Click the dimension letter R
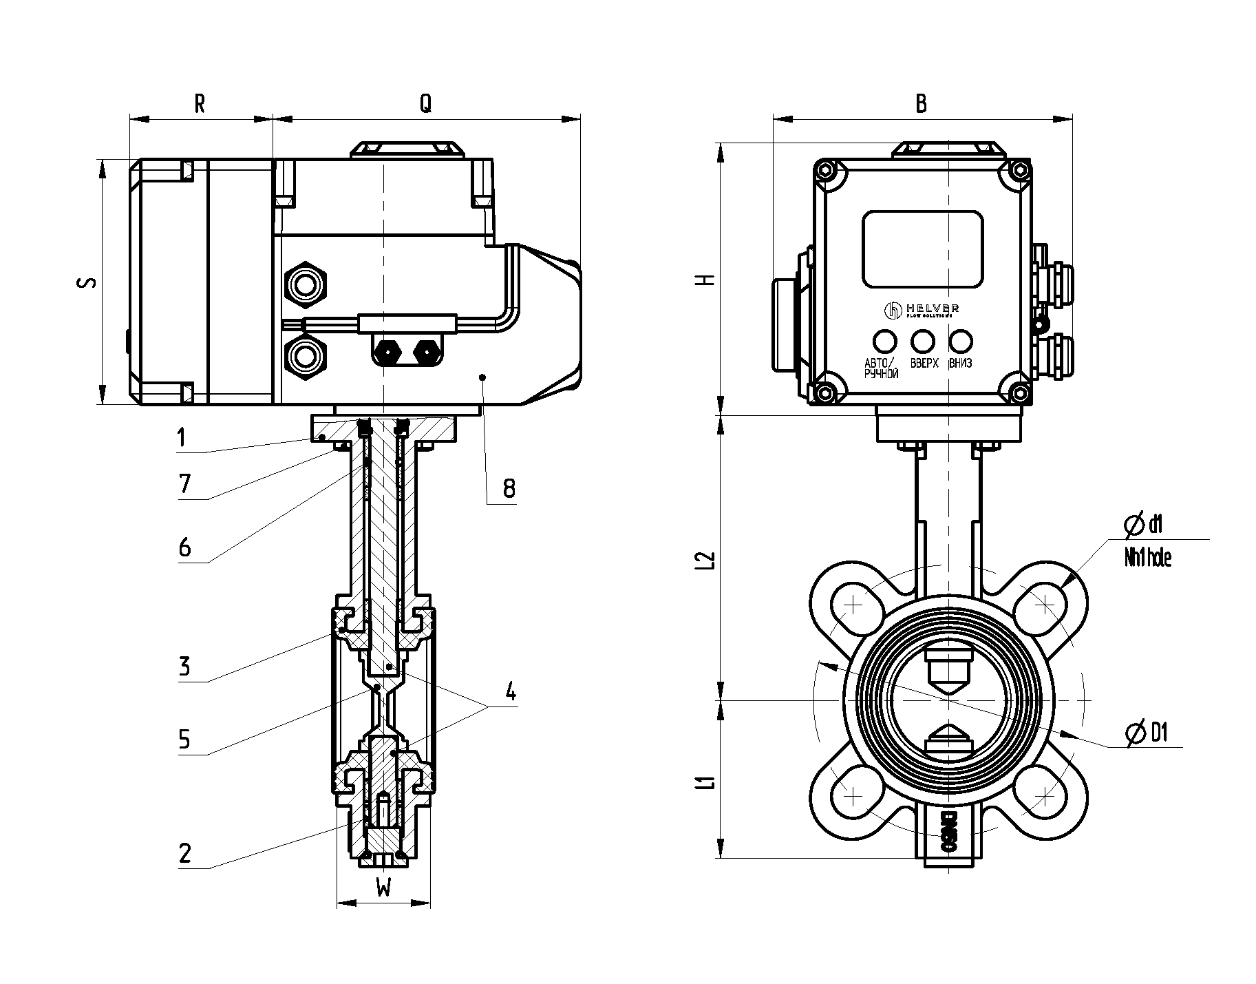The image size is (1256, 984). pos(200,103)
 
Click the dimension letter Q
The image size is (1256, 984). pos(426,103)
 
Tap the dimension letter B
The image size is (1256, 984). pos(921,103)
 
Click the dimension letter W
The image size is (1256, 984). pos(383,889)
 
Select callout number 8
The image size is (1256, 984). pos(509,489)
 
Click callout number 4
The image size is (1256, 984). pos(509,691)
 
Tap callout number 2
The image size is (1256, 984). pos(184,854)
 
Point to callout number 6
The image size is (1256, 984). pos(184,548)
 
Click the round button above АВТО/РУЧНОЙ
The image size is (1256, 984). pos(884,341)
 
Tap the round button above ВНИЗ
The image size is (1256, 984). pos(960,341)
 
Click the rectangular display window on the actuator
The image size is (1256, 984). pos(922,249)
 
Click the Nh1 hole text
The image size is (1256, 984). pos(1147,558)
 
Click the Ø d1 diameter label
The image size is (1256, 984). pos(1142,526)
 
